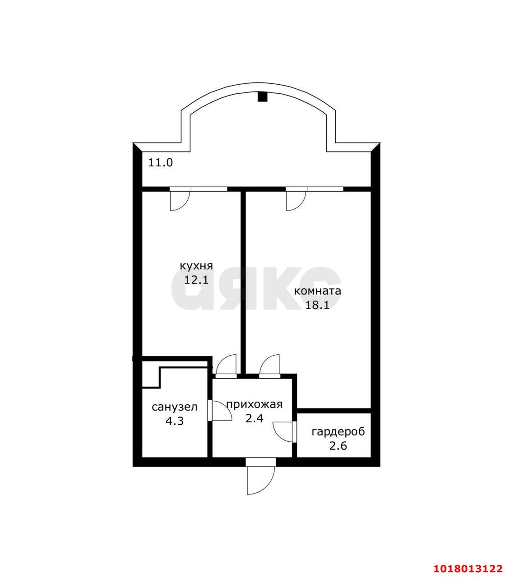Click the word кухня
pos(196,266)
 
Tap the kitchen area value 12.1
pos(196,280)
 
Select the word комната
pos(317,291)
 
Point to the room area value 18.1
pos(317,305)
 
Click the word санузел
pos(175,407)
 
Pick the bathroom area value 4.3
pos(175,421)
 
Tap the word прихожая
pos(254,404)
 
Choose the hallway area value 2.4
pos(254,418)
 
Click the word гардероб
pos(338,432)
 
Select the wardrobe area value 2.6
pos(338,446)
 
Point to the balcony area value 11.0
pos(160,163)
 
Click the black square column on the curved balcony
pos(262,96)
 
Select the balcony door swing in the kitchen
pos(180,201)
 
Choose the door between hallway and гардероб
pos(283,432)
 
